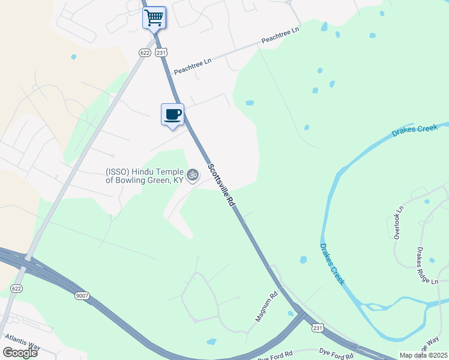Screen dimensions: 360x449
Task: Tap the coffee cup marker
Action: pos(173,114)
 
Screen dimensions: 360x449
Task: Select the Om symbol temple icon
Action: pos(192,175)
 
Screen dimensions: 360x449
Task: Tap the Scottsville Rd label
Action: pos(221,185)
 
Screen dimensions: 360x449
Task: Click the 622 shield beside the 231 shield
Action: pos(144,53)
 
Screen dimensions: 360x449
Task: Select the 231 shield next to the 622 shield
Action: pos(161,53)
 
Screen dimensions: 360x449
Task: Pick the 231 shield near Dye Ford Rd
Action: pos(317,328)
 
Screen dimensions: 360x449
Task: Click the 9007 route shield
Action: pos(82,295)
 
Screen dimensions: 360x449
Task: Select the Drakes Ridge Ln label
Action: pos(428,266)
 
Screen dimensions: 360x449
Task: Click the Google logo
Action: pos(20,352)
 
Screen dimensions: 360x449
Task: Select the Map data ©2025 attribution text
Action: pos(423,355)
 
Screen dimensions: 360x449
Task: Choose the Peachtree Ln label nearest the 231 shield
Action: pos(193,67)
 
